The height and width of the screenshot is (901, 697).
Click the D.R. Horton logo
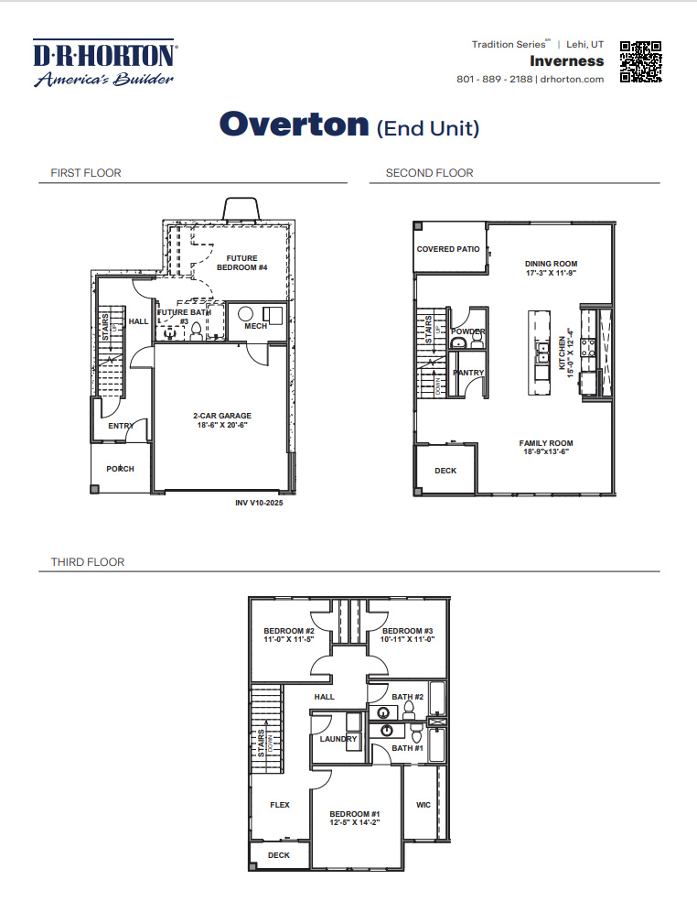(x=104, y=62)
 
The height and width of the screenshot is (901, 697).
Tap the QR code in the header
(x=640, y=62)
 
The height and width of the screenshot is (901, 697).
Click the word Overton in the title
(x=294, y=125)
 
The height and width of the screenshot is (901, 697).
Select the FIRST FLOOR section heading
(x=86, y=173)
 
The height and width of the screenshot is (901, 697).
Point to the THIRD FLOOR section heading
(x=88, y=561)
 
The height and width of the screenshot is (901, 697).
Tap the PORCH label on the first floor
(x=120, y=469)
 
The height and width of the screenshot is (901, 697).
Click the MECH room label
(x=255, y=326)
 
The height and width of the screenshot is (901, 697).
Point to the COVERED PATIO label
(x=448, y=249)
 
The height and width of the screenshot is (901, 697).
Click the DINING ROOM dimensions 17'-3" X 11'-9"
(x=552, y=274)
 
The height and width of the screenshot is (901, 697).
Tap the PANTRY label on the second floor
(x=468, y=373)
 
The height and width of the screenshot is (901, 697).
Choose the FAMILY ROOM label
(x=546, y=443)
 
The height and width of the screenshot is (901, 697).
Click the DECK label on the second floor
(x=445, y=471)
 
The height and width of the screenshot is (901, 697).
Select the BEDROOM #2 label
(x=289, y=631)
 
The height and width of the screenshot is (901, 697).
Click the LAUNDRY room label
(x=338, y=739)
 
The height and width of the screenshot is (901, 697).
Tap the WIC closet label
(x=424, y=805)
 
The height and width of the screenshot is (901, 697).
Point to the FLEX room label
(x=280, y=805)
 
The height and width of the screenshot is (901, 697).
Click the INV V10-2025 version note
(x=259, y=503)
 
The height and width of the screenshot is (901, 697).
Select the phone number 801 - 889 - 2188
(x=494, y=80)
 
